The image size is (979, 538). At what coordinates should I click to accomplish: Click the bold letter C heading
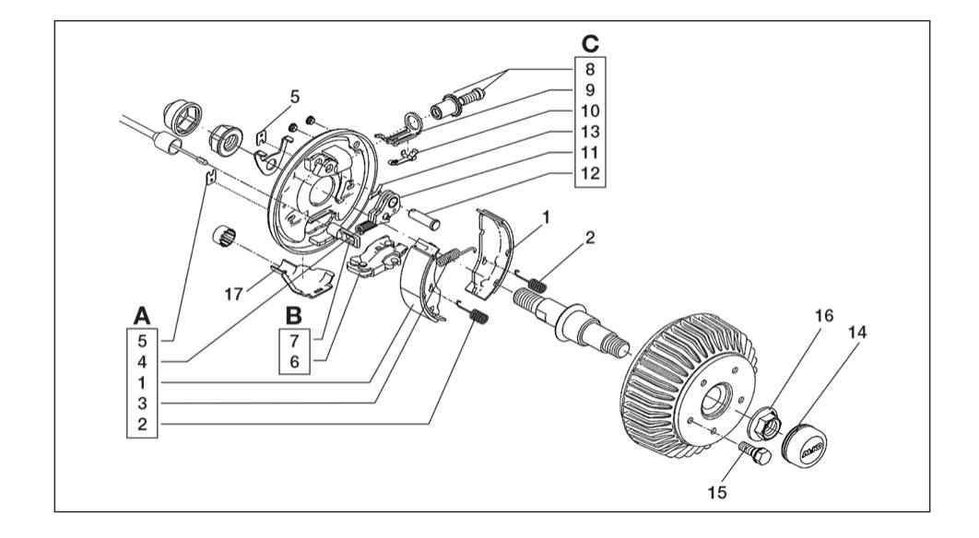pyautogui.click(x=590, y=44)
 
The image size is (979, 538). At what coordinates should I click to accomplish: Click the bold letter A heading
pyautogui.click(x=142, y=316)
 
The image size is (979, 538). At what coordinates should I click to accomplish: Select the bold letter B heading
pyautogui.click(x=293, y=316)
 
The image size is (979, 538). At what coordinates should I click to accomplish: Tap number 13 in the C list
pyautogui.click(x=590, y=132)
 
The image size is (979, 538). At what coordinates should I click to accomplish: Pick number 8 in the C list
pyautogui.click(x=590, y=69)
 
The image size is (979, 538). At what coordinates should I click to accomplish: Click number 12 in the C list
pyautogui.click(x=590, y=173)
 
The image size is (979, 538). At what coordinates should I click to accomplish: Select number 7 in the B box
pyautogui.click(x=294, y=341)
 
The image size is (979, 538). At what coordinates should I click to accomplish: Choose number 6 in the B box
pyautogui.click(x=294, y=361)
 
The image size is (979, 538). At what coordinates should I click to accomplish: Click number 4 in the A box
pyautogui.click(x=142, y=361)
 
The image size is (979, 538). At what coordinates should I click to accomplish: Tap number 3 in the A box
pyautogui.click(x=142, y=403)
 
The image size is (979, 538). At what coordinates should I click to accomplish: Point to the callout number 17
pyautogui.click(x=233, y=294)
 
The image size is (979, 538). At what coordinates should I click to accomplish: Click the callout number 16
pyautogui.click(x=824, y=316)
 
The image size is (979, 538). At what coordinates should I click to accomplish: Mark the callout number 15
pyautogui.click(x=717, y=493)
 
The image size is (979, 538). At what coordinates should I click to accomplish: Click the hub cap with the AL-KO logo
pyautogui.click(x=804, y=446)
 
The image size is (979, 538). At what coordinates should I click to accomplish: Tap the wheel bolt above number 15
pyautogui.click(x=755, y=454)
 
